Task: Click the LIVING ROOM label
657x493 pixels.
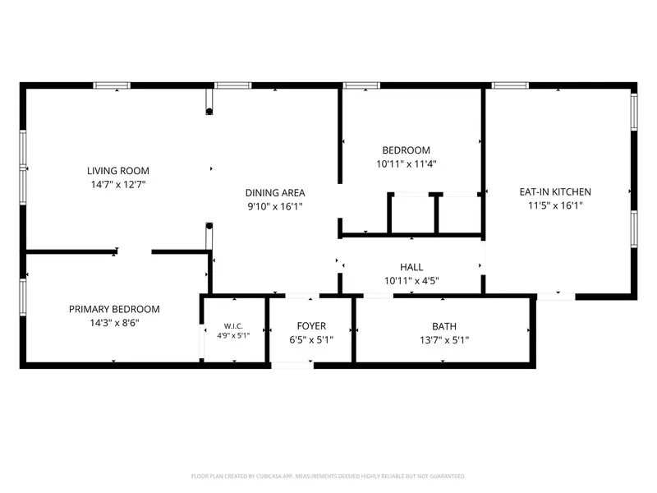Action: click(x=118, y=171)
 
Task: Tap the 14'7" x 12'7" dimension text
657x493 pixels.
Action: click(x=118, y=184)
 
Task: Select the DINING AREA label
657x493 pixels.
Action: click(x=275, y=193)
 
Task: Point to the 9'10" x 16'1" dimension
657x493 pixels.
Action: click(x=275, y=206)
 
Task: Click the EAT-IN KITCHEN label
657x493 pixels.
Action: click(x=555, y=192)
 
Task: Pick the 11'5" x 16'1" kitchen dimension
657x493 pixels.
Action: click(x=555, y=205)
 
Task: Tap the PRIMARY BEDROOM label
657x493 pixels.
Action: click(x=114, y=310)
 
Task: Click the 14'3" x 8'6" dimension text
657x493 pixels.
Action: click(x=114, y=323)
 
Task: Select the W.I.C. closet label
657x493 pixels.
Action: click(x=233, y=326)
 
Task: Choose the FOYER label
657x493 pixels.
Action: click(x=311, y=326)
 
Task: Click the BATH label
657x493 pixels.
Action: click(x=444, y=326)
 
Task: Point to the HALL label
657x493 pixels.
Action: click(x=411, y=267)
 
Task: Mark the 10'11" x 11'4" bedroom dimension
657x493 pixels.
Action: click(x=406, y=164)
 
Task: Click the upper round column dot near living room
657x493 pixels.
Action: click(x=209, y=112)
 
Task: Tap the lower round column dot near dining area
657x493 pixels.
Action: click(x=209, y=225)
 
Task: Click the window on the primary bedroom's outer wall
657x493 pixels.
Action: click(x=23, y=297)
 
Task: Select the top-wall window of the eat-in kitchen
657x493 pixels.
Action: click(x=510, y=85)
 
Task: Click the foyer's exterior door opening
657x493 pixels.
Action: click(x=292, y=366)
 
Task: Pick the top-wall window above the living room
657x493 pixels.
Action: click(x=112, y=85)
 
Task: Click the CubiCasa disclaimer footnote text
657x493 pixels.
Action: click(x=328, y=477)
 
